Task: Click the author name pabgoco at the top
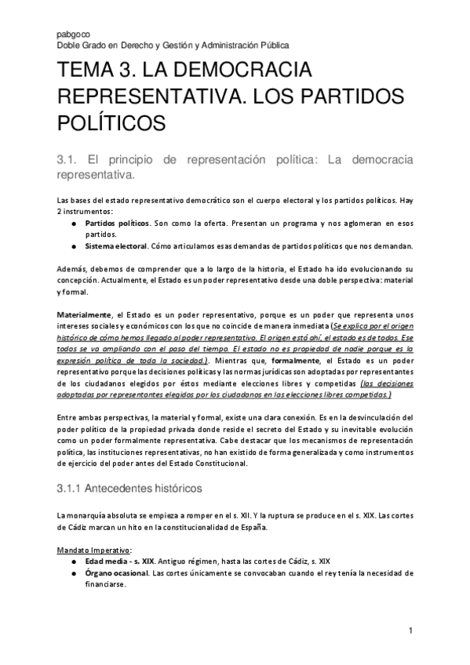(71, 35)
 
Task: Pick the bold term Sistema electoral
(116, 245)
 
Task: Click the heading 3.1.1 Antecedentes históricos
(129, 488)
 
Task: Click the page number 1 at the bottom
(410, 631)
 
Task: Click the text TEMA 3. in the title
(97, 72)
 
